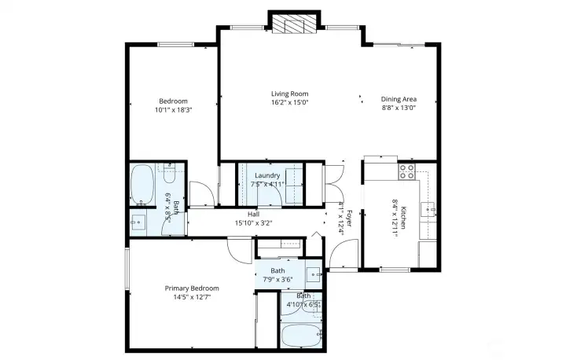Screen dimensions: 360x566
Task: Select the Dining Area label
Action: click(x=399, y=99)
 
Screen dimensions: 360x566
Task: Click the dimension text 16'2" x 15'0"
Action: click(x=289, y=102)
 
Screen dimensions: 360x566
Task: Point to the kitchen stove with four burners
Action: click(x=407, y=170)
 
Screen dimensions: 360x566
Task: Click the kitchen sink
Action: click(x=428, y=209)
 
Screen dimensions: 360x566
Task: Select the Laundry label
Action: click(x=266, y=175)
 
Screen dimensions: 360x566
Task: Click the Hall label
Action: click(x=253, y=214)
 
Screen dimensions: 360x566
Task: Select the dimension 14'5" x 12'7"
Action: click(x=187, y=297)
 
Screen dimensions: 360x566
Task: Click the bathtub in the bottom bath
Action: click(x=301, y=336)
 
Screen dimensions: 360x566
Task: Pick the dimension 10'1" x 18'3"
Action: click(x=173, y=110)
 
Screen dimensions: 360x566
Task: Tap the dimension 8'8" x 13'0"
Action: click(x=399, y=108)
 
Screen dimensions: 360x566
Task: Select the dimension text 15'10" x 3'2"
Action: click(x=253, y=222)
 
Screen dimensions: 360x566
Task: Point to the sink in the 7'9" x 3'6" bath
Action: click(x=311, y=275)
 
